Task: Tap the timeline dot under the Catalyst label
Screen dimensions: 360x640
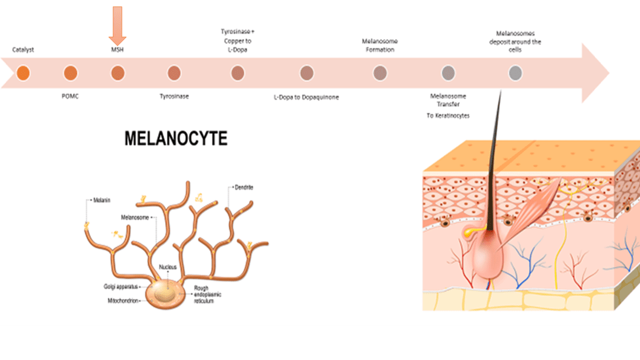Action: click(x=23, y=74)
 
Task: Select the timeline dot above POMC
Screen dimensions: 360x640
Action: click(x=70, y=74)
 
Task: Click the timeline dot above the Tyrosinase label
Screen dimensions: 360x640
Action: click(x=174, y=74)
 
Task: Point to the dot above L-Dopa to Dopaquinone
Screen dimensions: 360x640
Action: click(x=307, y=74)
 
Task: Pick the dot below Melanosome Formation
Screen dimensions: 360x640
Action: click(x=380, y=74)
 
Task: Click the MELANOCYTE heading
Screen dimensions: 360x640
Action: click(x=176, y=139)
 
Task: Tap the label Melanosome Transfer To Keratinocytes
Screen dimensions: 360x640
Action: click(x=447, y=106)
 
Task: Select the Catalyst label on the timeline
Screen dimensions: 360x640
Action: click(x=23, y=50)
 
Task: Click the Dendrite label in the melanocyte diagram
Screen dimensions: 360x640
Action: click(x=244, y=188)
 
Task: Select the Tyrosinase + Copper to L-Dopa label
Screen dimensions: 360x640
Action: click(x=237, y=40)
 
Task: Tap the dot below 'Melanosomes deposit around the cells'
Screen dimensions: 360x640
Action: click(x=515, y=74)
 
